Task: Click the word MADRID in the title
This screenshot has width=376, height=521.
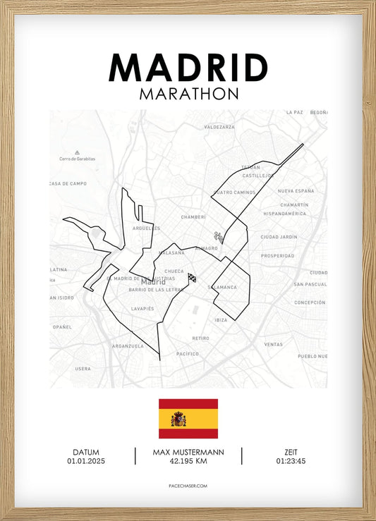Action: pyautogui.click(x=188, y=68)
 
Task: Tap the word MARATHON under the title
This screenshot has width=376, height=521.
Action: pyautogui.click(x=188, y=93)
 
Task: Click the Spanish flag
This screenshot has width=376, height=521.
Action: pyautogui.click(x=188, y=419)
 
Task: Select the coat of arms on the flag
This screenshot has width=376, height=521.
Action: pyautogui.click(x=180, y=419)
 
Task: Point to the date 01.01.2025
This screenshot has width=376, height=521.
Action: pyautogui.click(x=85, y=461)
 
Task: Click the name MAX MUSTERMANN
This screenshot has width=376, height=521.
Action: pyautogui.click(x=188, y=452)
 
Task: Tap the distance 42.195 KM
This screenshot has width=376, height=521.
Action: pyautogui.click(x=188, y=461)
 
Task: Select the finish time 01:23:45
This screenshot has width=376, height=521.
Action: pyautogui.click(x=291, y=461)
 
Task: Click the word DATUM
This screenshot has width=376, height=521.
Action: pyautogui.click(x=85, y=452)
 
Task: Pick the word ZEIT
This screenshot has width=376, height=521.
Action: pyautogui.click(x=291, y=452)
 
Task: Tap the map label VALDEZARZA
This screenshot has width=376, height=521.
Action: pyautogui.click(x=219, y=127)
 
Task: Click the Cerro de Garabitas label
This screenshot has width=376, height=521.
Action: pyautogui.click(x=77, y=159)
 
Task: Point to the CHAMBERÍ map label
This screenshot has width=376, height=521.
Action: pyautogui.click(x=193, y=217)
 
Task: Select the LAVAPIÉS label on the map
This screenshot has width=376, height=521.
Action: pyautogui.click(x=142, y=309)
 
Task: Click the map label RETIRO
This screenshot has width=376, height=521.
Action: pyautogui.click(x=201, y=338)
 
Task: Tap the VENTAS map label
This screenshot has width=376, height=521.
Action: pyautogui.click(x=273, y=344)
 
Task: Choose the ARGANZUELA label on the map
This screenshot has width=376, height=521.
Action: pyautogui.click(x=128, y=346)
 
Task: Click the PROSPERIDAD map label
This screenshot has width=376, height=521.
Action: pyautogui.click(x=277, y=255)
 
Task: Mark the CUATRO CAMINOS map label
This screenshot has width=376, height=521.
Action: pyautogui.click(x=234, y=192)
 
